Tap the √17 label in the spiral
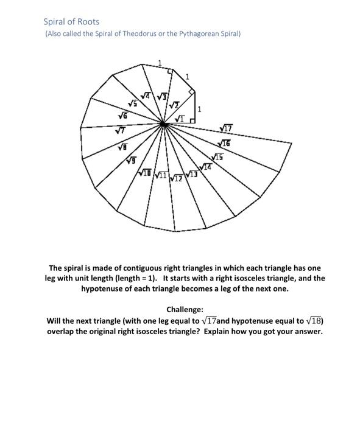227,128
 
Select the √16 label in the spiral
224,143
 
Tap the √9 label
131,161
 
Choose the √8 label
122,147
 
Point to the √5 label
132,103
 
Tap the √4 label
146,96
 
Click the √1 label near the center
180,117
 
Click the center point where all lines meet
163,124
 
